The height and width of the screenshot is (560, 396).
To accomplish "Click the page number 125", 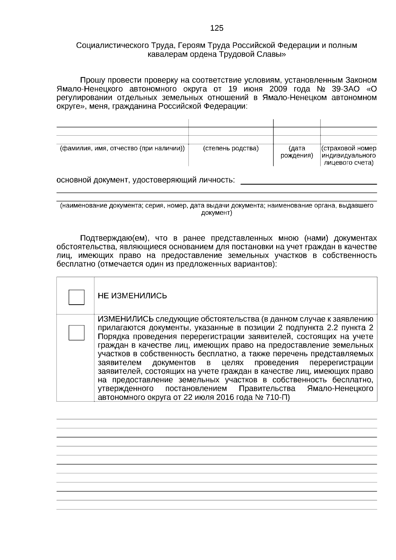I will pyautogui.click(x=217, y=28).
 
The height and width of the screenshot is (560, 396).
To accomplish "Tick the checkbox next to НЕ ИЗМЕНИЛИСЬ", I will pyautogui.click(x=76, y=297).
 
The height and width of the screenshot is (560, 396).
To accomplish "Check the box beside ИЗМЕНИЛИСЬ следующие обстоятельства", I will pyautogui.click(x=76, y=332).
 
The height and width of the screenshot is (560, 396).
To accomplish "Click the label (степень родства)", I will pyautogui.click(x=231, y=148).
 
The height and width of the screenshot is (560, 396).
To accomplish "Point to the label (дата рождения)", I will pyautogui.click(x=297, y=152).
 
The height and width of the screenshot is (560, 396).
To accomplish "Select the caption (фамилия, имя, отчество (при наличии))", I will pyautogui.click(x=122, y=148).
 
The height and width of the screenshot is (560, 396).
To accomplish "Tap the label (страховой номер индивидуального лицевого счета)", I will pyautogui.click(x=349, y=155).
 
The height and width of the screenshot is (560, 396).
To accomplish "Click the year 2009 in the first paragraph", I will pyautogui.click(x=279, y=89).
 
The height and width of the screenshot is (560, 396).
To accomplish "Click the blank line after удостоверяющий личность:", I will pyautogui.click(x=309, y=181).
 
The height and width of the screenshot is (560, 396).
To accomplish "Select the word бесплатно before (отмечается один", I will pyautogui.click(x=74, y=264).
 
